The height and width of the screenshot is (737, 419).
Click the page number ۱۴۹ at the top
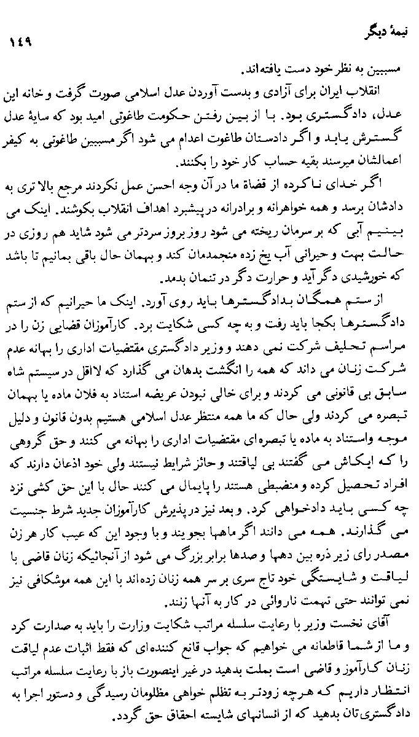[20, 44]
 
